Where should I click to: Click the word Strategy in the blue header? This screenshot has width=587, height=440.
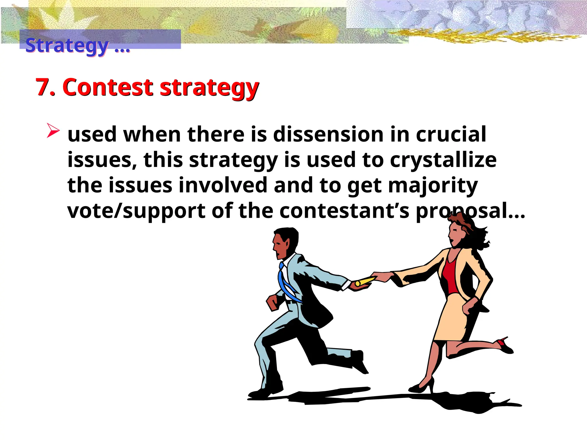[x=67, y=45]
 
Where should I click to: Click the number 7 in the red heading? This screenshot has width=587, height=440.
[x=45, y=87]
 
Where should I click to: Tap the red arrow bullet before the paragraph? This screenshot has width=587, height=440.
[x=53, y=131]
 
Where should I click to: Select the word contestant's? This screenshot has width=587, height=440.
[x=344, y=211]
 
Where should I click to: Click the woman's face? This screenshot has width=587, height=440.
[x=456, y=233]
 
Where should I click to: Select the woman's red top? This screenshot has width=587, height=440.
[x=450, y=276]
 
